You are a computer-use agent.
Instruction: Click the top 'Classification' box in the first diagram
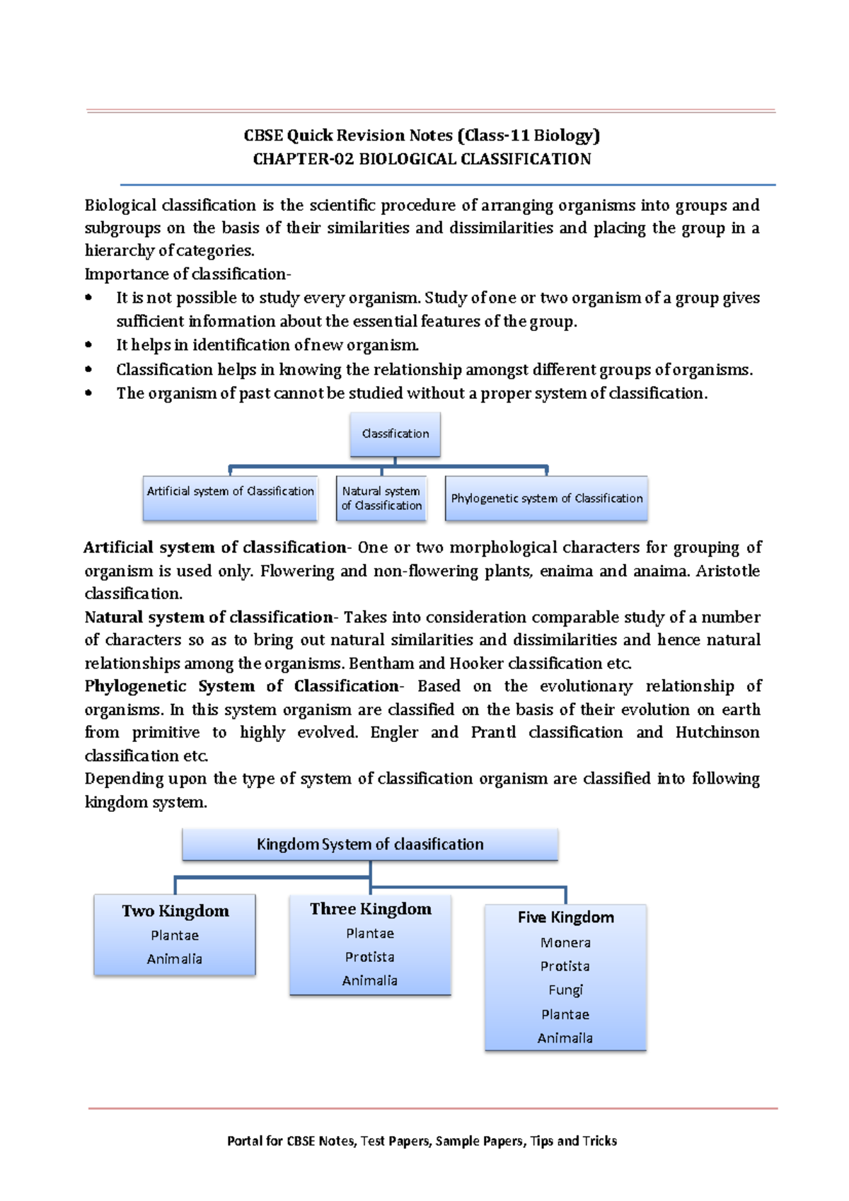click(x=395, y=434)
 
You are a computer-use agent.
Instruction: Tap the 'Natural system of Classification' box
click(x=381, y=498)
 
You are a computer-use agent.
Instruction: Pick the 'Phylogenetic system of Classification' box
click(x=546, y=498)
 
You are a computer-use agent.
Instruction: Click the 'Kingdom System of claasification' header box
click(x=370, y=844)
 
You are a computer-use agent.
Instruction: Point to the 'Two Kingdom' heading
click(x=175, y=911)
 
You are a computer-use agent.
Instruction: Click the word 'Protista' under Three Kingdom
click(x=369, y=957)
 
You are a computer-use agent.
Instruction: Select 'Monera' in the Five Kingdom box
click(x=565, y=943)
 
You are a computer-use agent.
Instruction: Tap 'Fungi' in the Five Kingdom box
click(x=565, y=990)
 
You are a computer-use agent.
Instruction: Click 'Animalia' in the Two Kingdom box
click(x=175, y=959)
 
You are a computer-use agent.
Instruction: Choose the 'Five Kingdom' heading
click(x=565, y=917)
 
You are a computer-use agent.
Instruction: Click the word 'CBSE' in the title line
click(x=263, y=135)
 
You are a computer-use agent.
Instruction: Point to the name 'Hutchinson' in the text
click(x=717, y=732)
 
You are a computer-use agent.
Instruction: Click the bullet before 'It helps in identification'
click(x=88, y=345)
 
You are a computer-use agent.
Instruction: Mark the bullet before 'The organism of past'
click(x=88, y=393)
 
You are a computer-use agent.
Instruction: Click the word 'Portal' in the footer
click(x=245, y=1141)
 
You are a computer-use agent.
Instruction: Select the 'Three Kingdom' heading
click(x=370, y=909)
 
